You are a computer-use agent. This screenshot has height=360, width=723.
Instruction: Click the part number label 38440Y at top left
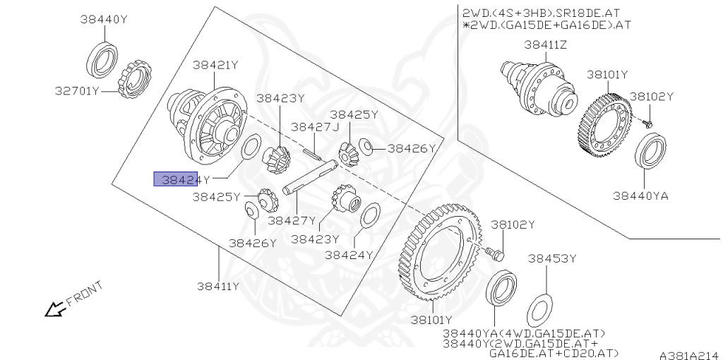[103, 20]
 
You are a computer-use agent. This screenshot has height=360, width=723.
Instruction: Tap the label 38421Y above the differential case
[215, 65]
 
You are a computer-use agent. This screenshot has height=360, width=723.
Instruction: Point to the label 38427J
[315, 127]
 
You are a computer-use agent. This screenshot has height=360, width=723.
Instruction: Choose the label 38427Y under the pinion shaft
[292, 220]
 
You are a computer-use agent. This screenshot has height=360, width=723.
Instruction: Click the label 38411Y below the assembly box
[218, 286]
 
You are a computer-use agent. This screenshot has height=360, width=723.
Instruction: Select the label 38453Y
[552, 259]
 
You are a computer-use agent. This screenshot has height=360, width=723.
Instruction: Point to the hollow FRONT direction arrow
[53, 309]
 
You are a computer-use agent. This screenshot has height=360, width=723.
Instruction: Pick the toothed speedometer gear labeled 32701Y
[133, 80]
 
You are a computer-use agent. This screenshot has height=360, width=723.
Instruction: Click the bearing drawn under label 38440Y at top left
[103, 59]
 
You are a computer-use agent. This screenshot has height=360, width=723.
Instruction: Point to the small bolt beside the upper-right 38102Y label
[647, 123]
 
